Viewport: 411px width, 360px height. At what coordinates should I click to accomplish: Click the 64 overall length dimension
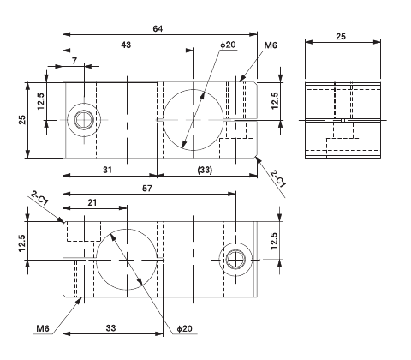pos(158,28)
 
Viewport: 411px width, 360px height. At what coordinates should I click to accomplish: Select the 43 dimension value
pos(127,44)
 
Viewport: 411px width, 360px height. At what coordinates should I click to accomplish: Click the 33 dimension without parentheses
pos(111,327)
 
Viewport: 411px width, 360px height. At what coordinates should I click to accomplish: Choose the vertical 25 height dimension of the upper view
pos(21,120)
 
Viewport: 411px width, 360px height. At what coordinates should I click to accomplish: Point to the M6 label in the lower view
pos(45,327)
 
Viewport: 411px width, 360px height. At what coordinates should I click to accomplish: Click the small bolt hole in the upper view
pos(84,120)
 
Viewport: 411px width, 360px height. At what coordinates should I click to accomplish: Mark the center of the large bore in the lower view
pos(128,258)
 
